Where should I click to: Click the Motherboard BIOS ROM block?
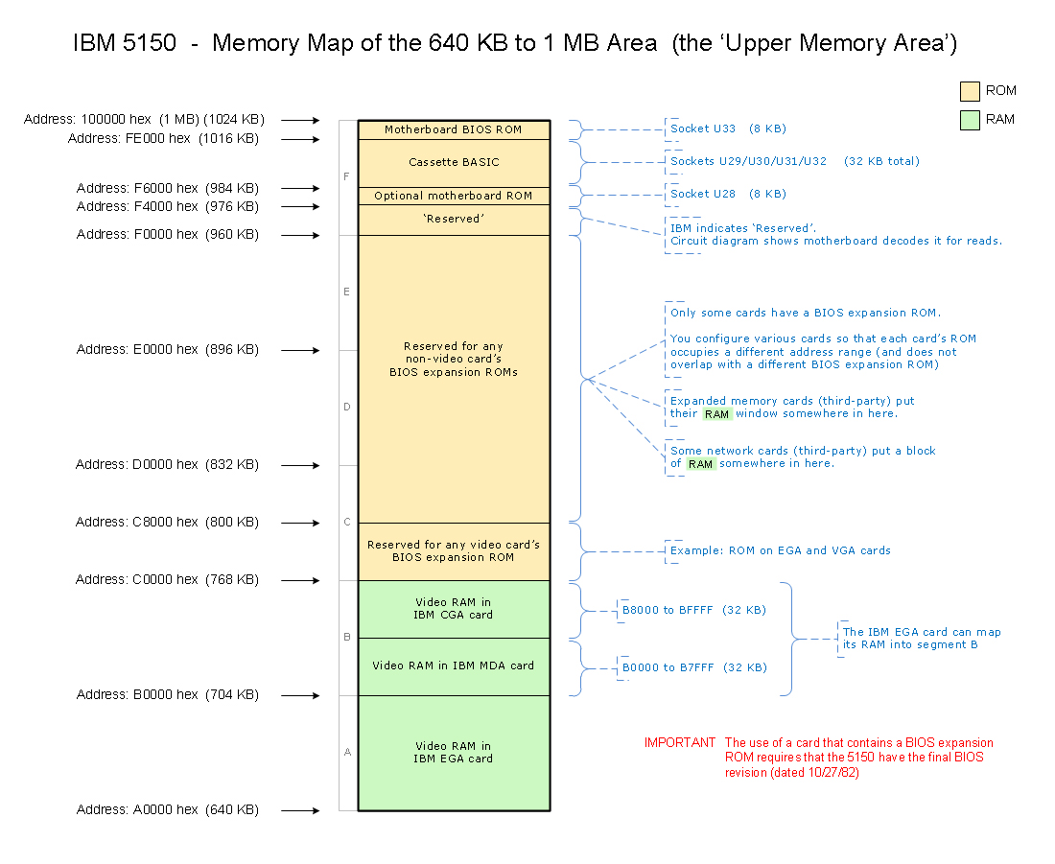[x=455, y=129]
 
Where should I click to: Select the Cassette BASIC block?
[x=455, y=164]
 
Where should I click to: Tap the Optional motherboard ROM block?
[x=455, y=196]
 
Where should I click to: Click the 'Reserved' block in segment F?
[x=455, y=220]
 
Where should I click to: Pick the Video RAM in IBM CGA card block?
[x=455, y=609]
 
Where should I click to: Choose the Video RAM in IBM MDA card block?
[x=455, y=666]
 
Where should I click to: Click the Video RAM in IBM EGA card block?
[x=455, y=753]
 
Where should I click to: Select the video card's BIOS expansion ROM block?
[x=455, y=551]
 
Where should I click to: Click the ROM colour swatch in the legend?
[x=970, y=91]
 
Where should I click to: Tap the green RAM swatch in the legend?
[x=970, y=121]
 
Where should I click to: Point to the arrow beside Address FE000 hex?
[x=301, y=139]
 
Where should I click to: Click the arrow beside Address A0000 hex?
[x=301, y=811]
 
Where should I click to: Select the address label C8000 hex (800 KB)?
[x=167, y=523]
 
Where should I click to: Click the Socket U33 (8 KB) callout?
[x=728, y=128]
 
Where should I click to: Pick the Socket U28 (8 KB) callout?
[x=728, y=194]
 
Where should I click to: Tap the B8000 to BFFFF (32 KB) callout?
[x=693, y=610]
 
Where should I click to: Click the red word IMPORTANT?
[x=680, y=743]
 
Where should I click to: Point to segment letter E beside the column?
[x=346, y=292]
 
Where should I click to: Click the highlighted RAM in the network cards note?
[x=700, y=464]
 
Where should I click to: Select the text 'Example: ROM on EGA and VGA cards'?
[x=780, y=551]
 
